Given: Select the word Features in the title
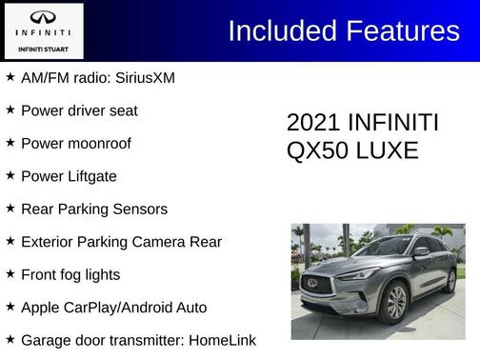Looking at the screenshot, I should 401,30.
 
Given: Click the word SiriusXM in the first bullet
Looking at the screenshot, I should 140,77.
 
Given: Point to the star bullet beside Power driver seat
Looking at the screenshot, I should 10,110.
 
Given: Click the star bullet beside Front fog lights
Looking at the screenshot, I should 10,273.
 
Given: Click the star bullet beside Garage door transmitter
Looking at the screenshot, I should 10,339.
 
